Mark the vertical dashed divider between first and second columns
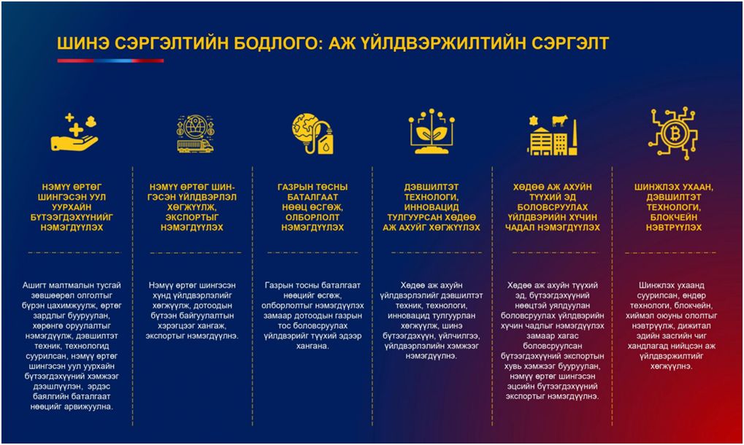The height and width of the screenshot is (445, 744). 133,292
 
